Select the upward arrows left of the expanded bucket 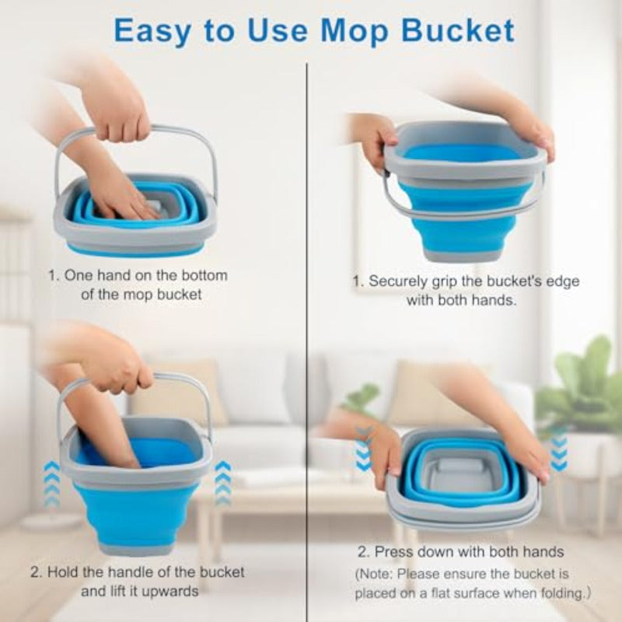(x=51, y=484)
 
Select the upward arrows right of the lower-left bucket (x=223, y=484)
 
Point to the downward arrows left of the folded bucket (x=363, y=450)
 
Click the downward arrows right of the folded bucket (x=558, y=450)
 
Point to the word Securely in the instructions (x=399, y=281)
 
